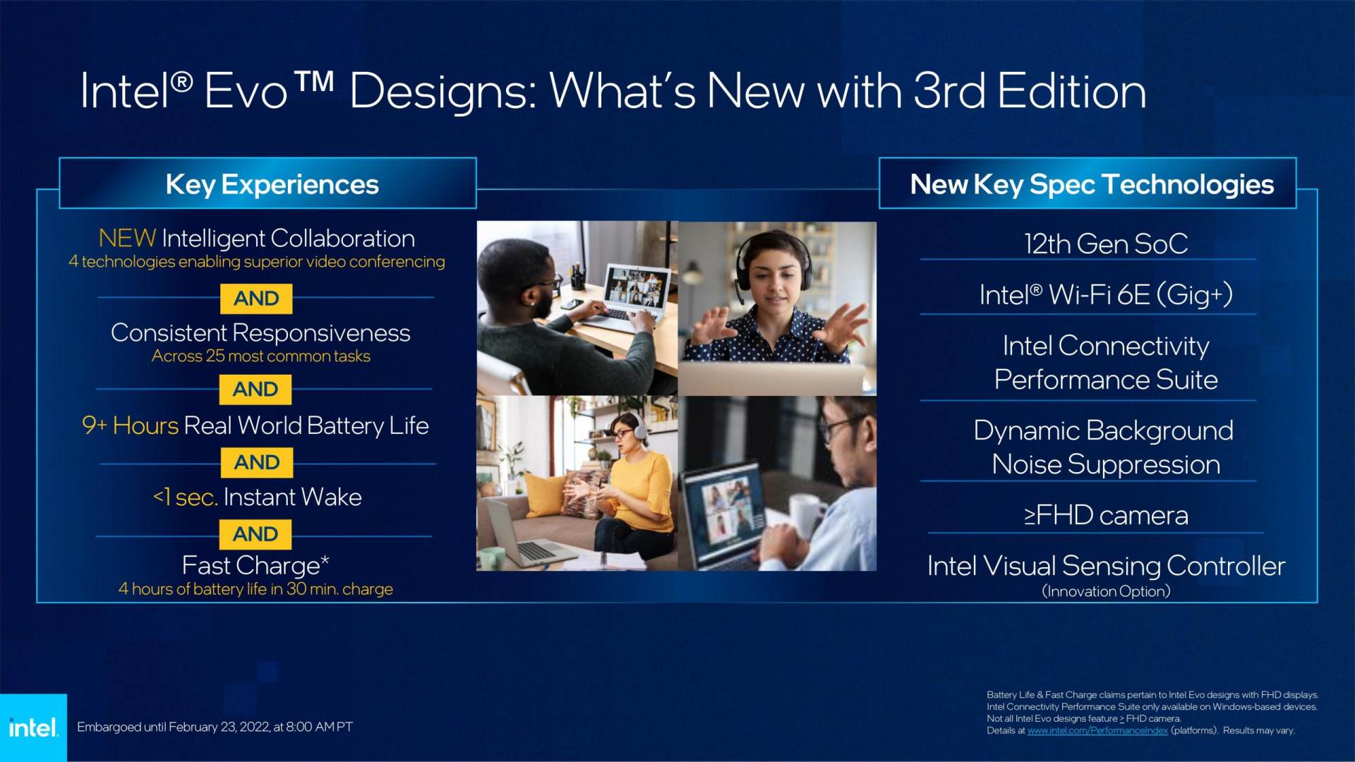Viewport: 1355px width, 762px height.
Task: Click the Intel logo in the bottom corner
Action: point(33,727)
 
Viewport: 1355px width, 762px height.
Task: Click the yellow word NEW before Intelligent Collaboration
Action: point(127,238)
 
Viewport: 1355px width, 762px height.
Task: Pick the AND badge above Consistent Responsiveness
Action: point(256,298)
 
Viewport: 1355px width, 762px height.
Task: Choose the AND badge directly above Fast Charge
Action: point(255,534)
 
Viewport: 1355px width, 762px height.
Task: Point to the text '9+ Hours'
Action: point(130,425)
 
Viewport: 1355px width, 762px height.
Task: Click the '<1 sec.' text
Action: point(185,497)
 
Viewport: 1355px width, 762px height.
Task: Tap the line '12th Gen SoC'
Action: point(1106,244)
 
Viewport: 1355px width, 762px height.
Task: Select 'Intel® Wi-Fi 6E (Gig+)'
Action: point(1106,295)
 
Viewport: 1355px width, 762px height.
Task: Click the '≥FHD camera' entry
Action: point(1106,516)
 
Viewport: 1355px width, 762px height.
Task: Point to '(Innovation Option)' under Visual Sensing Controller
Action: point(1106,591)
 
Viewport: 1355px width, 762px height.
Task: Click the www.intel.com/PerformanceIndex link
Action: point(1097,731)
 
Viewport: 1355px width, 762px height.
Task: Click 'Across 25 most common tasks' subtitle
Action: point(260,356)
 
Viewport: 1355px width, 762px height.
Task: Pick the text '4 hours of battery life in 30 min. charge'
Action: point(255,589)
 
